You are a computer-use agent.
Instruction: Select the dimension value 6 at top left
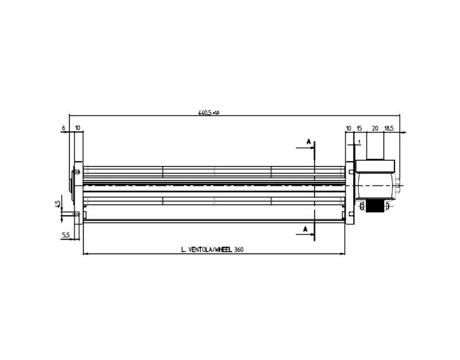[63, 128]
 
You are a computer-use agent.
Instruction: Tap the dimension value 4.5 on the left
[58, 204]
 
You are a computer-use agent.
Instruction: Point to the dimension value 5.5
[66, 235]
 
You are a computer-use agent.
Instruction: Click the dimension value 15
[359, 128]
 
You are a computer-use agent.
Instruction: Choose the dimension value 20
[375, 128]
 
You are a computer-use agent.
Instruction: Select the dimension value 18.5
[388, 128]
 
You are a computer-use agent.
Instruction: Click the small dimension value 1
[360, 142]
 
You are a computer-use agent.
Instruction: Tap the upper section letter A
[308, 141]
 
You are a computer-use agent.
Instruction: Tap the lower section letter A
[305, 229]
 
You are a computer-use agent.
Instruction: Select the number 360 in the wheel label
[238, 250]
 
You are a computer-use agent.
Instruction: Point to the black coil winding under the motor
[375, 206]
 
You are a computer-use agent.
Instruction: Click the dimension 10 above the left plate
[78, 128]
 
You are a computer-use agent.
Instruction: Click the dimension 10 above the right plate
[349, 128]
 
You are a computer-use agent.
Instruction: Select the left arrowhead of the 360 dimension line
[85, 255]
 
